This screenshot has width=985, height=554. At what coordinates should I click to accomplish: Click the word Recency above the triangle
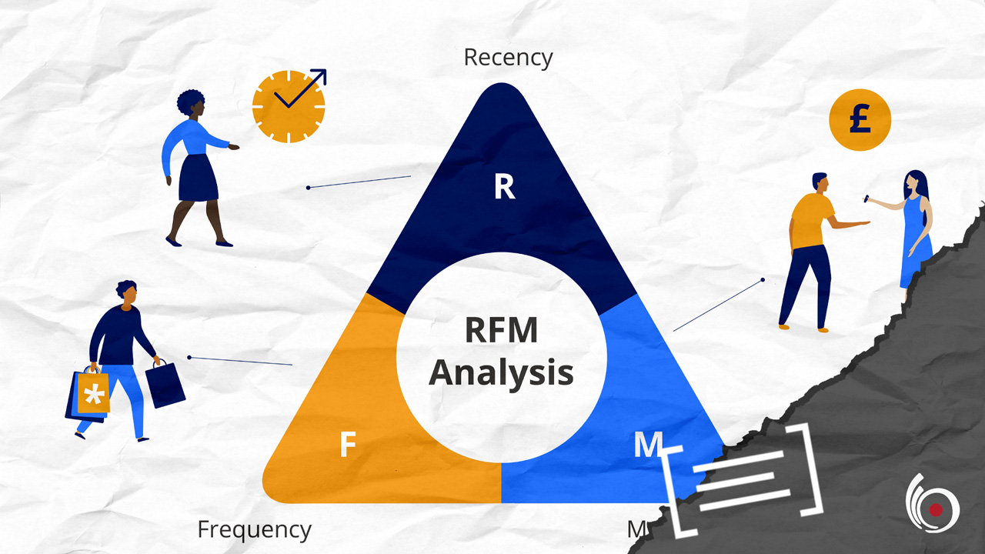(x=508, y=58)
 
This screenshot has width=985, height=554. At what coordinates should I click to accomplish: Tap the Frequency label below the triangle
(x=254, y=529)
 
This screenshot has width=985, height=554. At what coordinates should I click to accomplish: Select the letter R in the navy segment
(x=504, y=188)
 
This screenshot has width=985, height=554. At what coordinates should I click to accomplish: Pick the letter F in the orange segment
(x=348, y=446)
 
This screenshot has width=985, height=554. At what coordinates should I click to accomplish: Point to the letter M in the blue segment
(x=644, y=446)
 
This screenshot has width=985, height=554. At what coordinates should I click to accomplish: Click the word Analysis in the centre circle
(x=501, y=372)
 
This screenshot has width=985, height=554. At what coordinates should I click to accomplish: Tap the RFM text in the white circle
(x=501, y=331)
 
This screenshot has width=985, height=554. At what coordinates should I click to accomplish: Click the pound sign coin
(x=860, y=122)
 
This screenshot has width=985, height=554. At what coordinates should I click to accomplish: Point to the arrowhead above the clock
(x=320, y=75)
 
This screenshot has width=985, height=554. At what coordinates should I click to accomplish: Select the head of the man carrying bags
(x=127, y=292)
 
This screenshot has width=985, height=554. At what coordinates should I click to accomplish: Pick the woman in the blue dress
(x=915, y=227)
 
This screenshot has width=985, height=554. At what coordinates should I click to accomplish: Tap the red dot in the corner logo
(x=936, y=509)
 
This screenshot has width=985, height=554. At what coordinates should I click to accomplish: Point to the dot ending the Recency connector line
(x=308, y=187)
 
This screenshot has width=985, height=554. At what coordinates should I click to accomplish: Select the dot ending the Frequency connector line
(x=189, y=357)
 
